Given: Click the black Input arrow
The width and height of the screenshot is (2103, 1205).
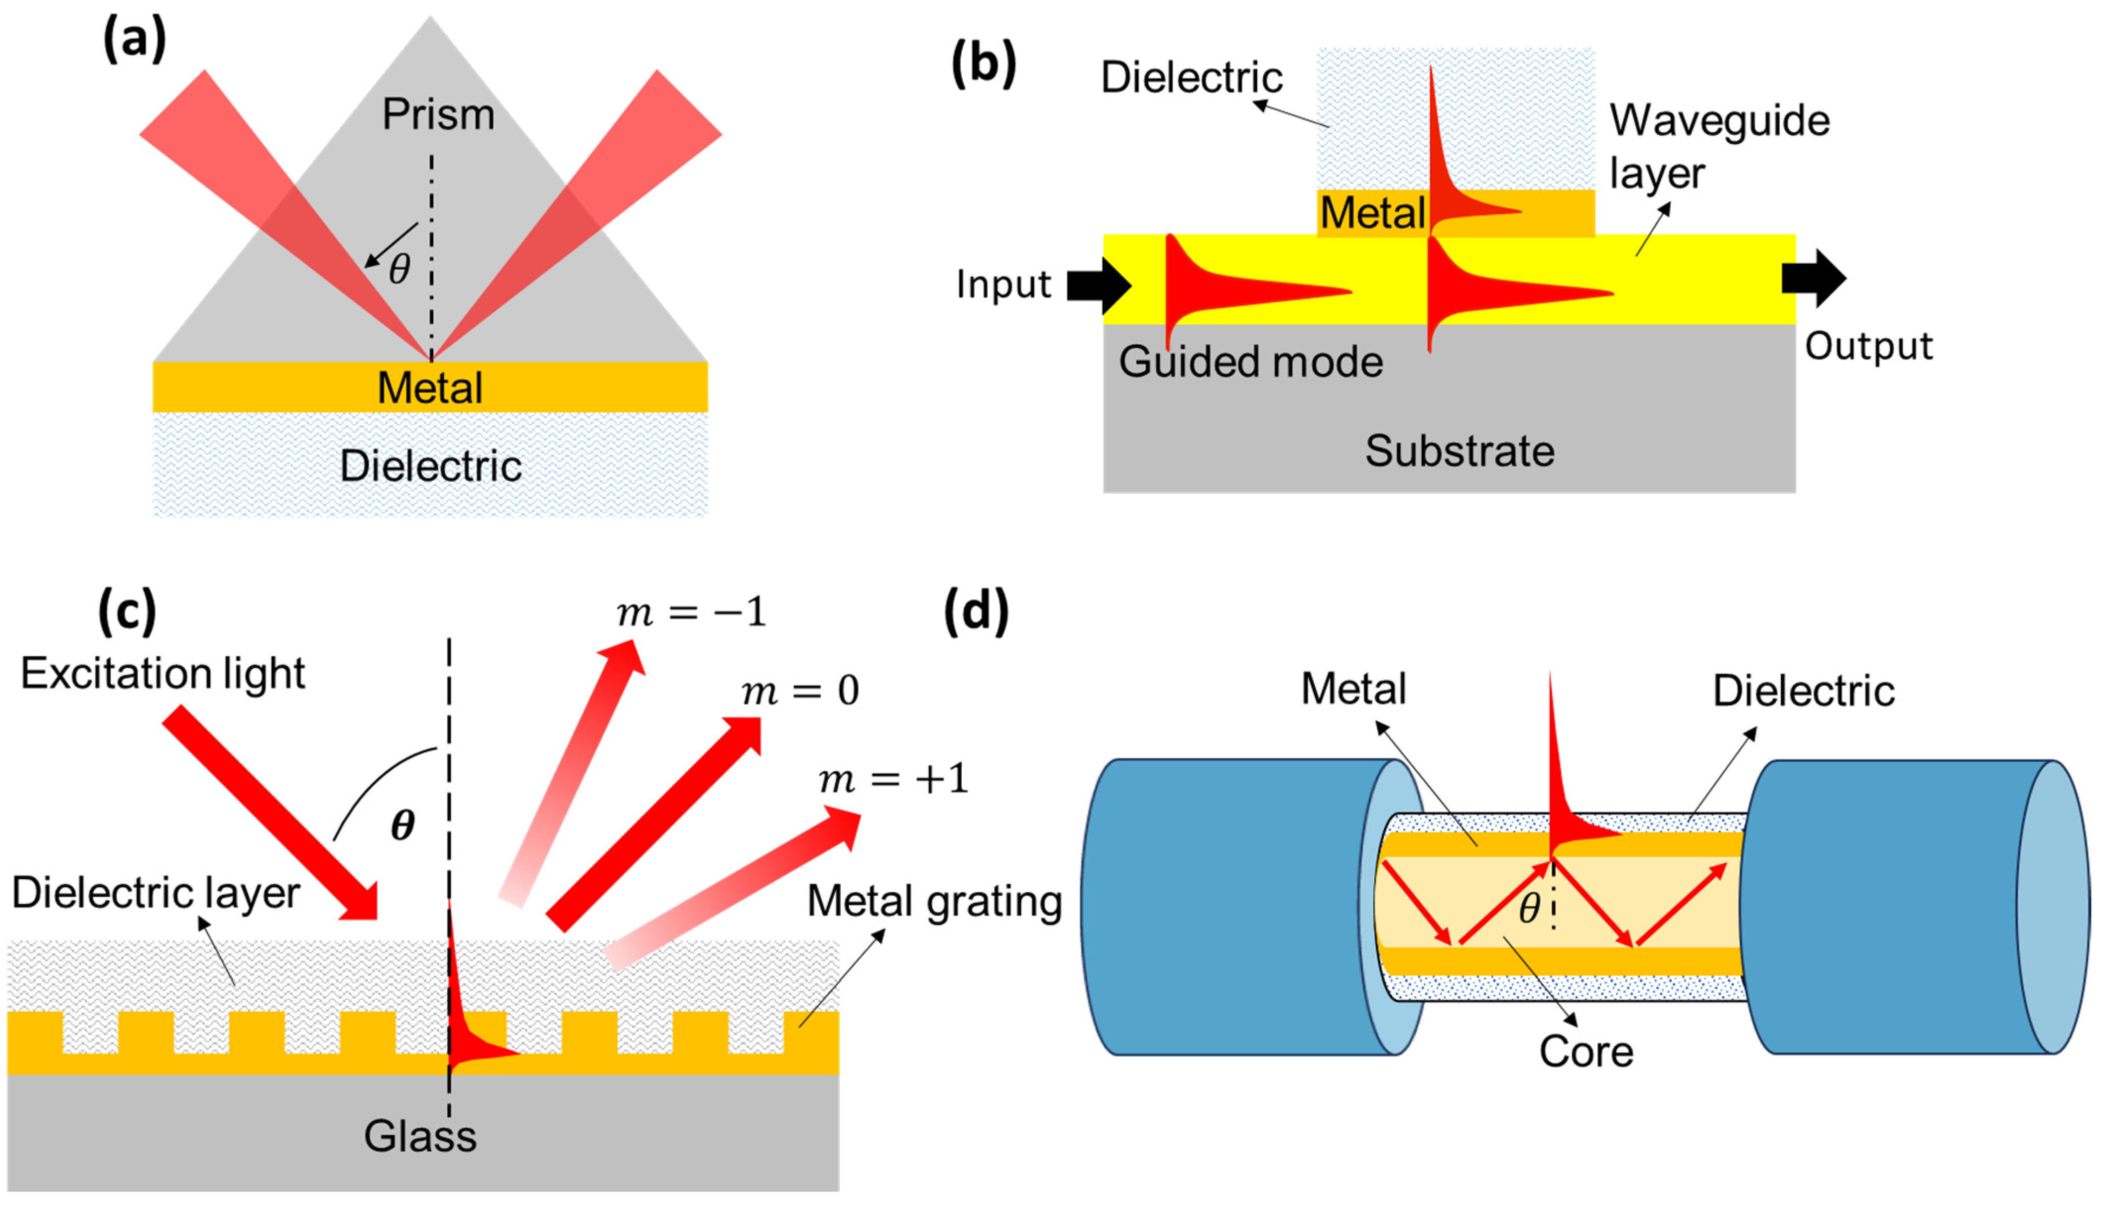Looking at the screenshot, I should point(1098,286).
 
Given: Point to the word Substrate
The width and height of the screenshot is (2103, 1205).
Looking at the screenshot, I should point(1459,451).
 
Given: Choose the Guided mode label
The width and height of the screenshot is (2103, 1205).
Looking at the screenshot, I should point(1250,362).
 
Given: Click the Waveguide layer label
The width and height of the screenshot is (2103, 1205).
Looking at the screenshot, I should point(1718,147).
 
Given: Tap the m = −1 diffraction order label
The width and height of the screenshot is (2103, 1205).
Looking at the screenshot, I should point(691,613).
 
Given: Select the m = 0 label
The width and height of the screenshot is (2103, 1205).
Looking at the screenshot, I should point(800,690).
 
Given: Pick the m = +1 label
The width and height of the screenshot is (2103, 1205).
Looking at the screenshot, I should point(893,779).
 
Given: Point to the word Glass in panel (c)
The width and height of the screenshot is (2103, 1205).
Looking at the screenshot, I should point(419,1136).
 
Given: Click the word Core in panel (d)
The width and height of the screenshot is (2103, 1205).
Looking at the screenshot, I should point(1586,1052).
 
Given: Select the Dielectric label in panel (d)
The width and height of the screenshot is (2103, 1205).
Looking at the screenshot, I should point(1803,691).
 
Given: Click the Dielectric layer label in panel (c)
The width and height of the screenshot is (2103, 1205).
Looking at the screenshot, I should point(156,893).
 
